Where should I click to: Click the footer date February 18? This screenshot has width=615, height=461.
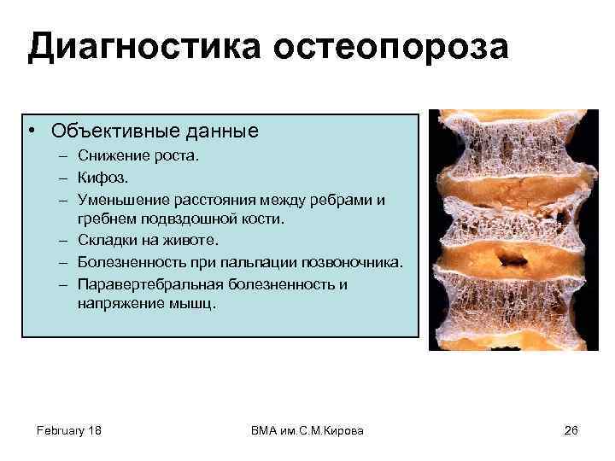[69, 430]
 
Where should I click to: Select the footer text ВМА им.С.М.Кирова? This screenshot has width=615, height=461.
[307, 430]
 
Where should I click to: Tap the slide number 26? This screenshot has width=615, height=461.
[571, 430]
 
